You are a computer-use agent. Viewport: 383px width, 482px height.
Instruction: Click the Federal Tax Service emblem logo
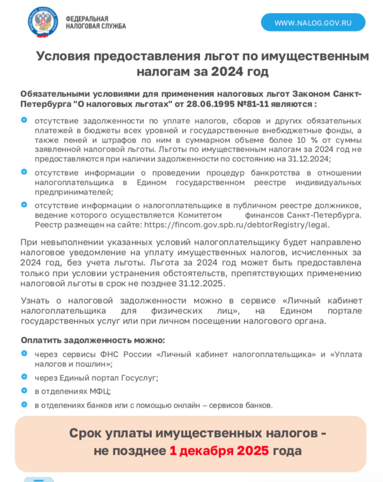click(43, 23)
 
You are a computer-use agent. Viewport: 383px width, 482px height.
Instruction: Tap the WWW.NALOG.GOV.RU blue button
click(313, 22)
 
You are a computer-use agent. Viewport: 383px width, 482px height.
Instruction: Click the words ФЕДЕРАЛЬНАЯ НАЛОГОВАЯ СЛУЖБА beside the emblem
click(95, 22)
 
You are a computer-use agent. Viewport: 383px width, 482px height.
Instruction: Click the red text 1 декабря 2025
click(220, 450)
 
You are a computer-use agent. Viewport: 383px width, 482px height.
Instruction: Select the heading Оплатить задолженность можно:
click(93, 340)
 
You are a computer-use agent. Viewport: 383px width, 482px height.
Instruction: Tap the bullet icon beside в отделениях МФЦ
click(24, 390)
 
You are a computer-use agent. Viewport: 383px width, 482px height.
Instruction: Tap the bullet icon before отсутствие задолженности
click(24, 119)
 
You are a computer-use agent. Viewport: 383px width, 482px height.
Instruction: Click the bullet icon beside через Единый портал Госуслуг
click(24, 376)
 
